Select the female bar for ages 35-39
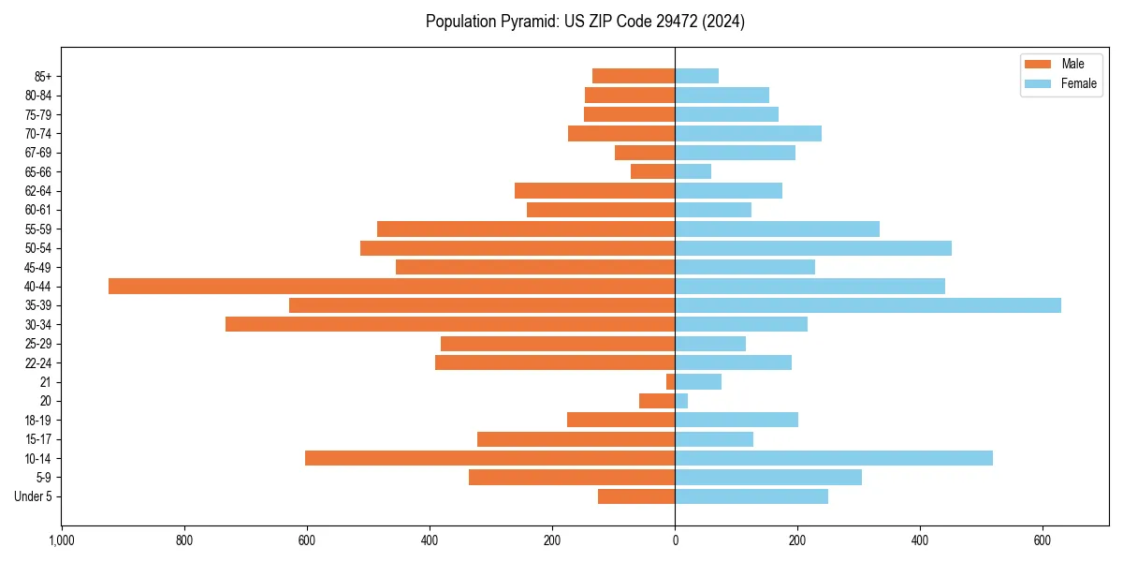868,305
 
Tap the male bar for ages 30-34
450,324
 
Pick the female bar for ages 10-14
834,458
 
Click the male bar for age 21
670,381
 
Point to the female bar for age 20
681,401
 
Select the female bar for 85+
697,76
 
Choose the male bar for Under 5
636,496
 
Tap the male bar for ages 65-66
652,171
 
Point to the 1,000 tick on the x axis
62,541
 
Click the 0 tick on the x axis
675,541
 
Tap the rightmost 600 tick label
1043,541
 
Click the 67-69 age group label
38,153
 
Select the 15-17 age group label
38,439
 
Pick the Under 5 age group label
33,496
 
